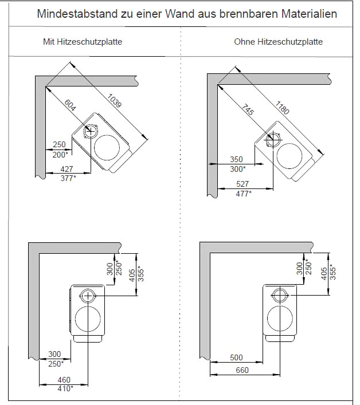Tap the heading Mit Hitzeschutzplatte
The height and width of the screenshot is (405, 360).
click(83, 42)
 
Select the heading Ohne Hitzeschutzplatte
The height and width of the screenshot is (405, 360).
click(278, 42)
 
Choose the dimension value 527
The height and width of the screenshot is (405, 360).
click(243, 184)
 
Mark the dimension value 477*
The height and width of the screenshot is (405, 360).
click(244, 193)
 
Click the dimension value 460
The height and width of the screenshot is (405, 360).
click(64, 380)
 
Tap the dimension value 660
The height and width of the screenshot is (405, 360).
click(242, 370)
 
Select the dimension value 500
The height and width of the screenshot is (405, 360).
click(236, 358)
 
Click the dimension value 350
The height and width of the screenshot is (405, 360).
click(237, 160)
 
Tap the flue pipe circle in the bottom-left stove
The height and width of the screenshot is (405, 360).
click(88, 296)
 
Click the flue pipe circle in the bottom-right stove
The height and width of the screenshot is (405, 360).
click(279, 296)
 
